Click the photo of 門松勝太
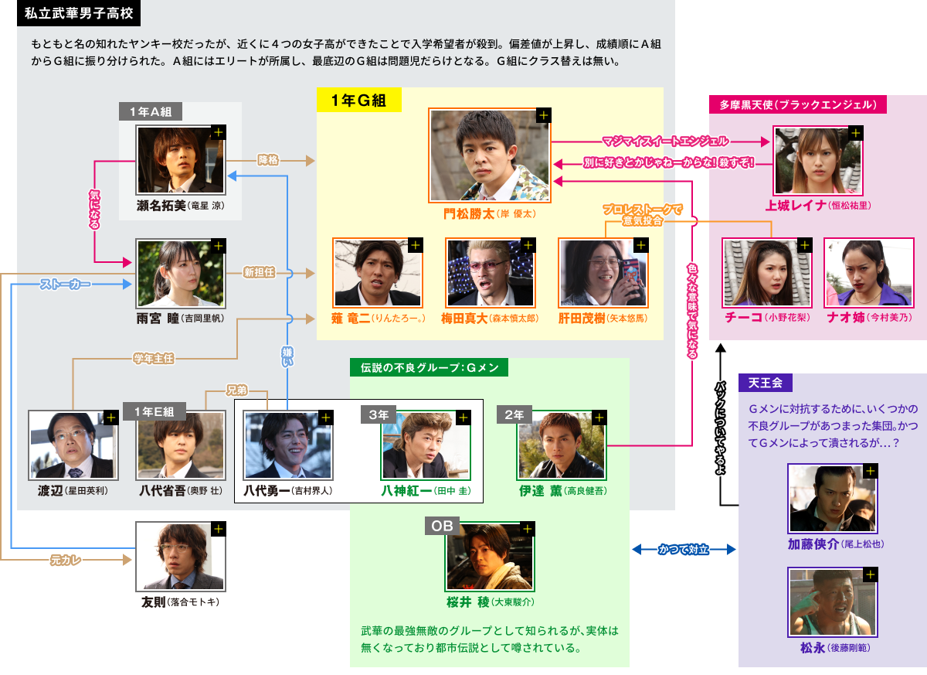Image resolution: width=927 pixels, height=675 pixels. (x=490, y=155)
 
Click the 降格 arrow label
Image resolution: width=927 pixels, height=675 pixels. (x=268, y=160)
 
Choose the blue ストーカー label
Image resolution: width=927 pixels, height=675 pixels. (x=65, y=285)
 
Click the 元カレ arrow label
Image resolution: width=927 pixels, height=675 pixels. (x=66, y=558)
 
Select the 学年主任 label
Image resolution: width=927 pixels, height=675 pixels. (x=153, y=359)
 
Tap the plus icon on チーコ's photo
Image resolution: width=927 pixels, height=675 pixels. (x=804, y=246)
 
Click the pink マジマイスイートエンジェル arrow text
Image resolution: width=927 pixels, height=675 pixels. (x=664, y=141)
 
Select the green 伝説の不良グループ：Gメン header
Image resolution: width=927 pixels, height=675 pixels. (x=429, y=368)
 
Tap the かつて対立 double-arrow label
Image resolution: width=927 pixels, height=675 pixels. (x=684, y=550)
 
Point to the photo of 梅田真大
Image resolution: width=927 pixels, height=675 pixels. (x=490, y=273)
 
